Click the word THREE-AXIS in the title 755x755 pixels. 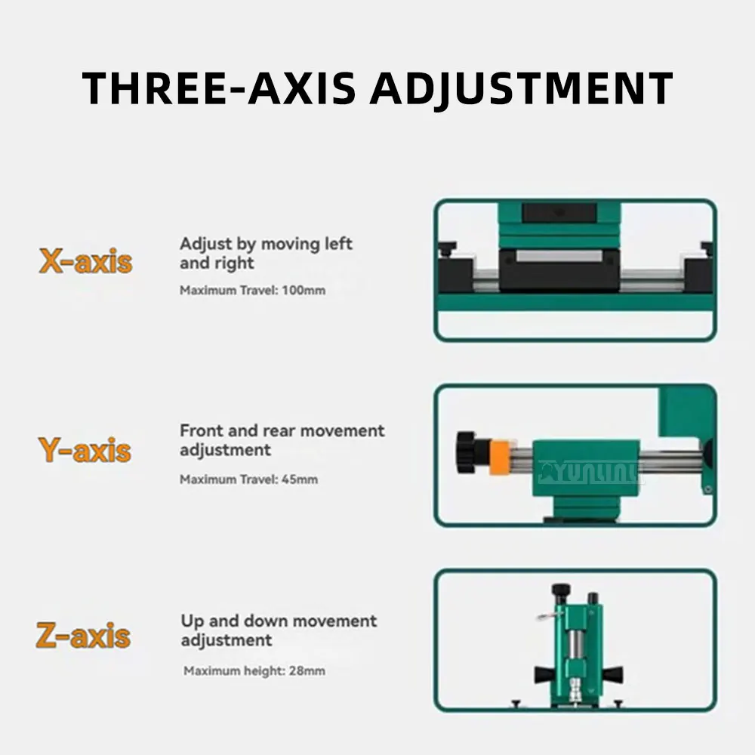pyautogui.click(x=219, y=88)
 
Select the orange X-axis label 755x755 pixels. pyautogui.click(x=85, y=261)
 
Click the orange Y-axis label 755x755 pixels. pyautogui.click(x=85, y=450)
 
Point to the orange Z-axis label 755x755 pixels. pyautogui.click(x=83, y=635)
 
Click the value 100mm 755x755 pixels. pyautogui.click(x=304, y=291)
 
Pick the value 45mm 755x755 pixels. pyautogui.click(x=300, y=479)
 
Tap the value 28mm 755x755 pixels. pyautogui.click(x=307, y=670)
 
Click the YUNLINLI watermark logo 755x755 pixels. pyautogui.click(x=591, y=473)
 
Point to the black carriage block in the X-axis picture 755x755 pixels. pyautogui.click(x=559, y=270)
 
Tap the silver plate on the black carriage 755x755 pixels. pyautogui.click(x=559, y=256)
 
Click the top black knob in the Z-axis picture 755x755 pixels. pyautogui.click(x=561, y=590)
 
